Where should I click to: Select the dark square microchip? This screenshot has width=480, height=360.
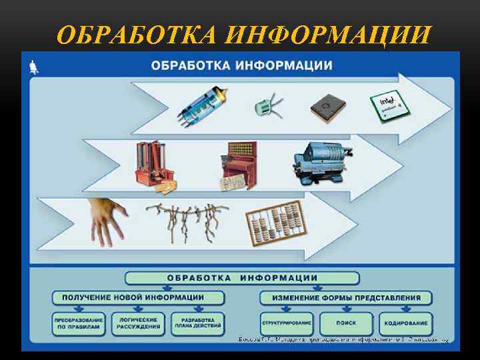pos(325,107)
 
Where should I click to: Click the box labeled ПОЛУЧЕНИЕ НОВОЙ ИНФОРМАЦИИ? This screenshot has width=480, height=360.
pos(138,297)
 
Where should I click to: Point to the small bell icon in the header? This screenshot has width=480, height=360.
pos(34,65)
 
